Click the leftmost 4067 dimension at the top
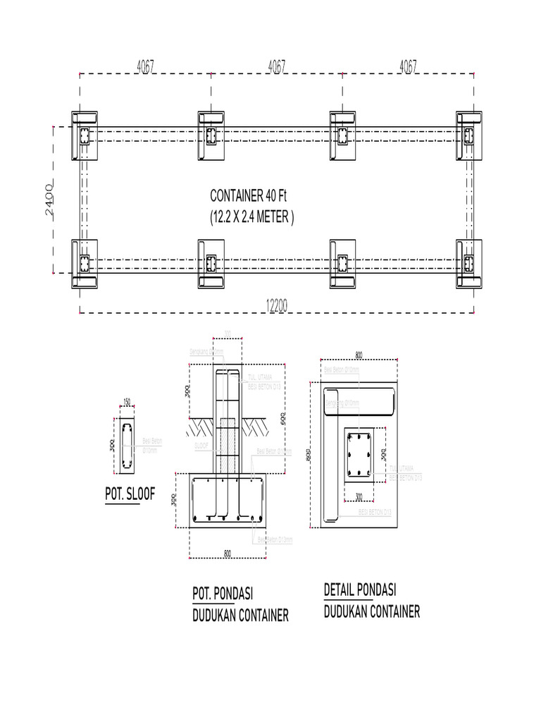(146, 66)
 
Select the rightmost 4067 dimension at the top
(408, 66)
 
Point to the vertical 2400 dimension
(49, 201)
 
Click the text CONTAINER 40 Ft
(249, 195)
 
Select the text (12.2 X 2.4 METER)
(252, 217)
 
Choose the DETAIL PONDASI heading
(360, 589)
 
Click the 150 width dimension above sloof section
(127, 403)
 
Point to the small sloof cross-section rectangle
(127, 448)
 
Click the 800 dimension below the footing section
(228, 553)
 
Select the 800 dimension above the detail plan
(359, 355)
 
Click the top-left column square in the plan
(84, 135)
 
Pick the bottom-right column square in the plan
(470, 264)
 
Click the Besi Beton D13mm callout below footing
(275, 539)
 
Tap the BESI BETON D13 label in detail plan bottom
(373, 511)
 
